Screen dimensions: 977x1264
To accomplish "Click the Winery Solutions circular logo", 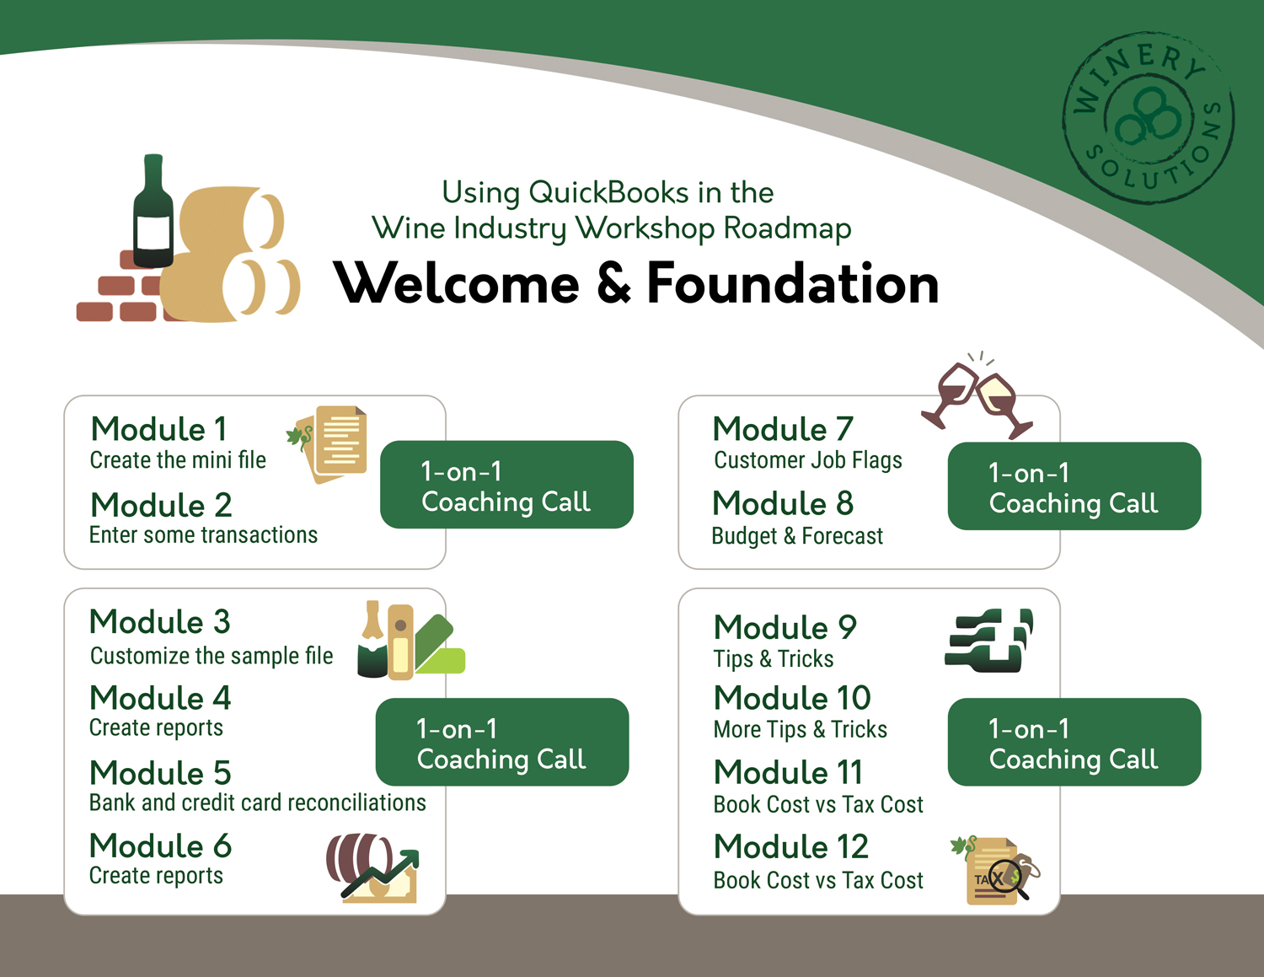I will [1149, 118].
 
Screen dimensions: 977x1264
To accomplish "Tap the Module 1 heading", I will [159, 429].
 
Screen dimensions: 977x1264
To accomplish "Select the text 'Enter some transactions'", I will [203, 535].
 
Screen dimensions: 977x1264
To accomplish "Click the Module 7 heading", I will [783, 429].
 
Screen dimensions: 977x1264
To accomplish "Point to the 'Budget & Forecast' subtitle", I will [797, 536].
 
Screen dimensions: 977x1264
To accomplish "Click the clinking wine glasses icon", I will [977, 395].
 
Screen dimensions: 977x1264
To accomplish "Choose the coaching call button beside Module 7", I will [1074, 486].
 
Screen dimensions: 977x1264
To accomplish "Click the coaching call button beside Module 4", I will [501, 742].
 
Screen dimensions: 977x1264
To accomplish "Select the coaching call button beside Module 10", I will [1074, 742].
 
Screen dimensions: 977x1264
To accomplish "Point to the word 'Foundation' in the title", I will [792, 283].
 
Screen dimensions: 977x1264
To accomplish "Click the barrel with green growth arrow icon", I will [372, 868].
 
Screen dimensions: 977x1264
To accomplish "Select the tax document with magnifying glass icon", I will [996, 871].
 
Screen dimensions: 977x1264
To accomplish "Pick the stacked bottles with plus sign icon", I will [988, 640].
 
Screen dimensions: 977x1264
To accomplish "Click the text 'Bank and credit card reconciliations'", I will [257, 803].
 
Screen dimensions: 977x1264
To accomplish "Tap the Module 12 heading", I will [790, 846].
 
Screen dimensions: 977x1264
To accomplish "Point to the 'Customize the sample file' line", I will [212, 656].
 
